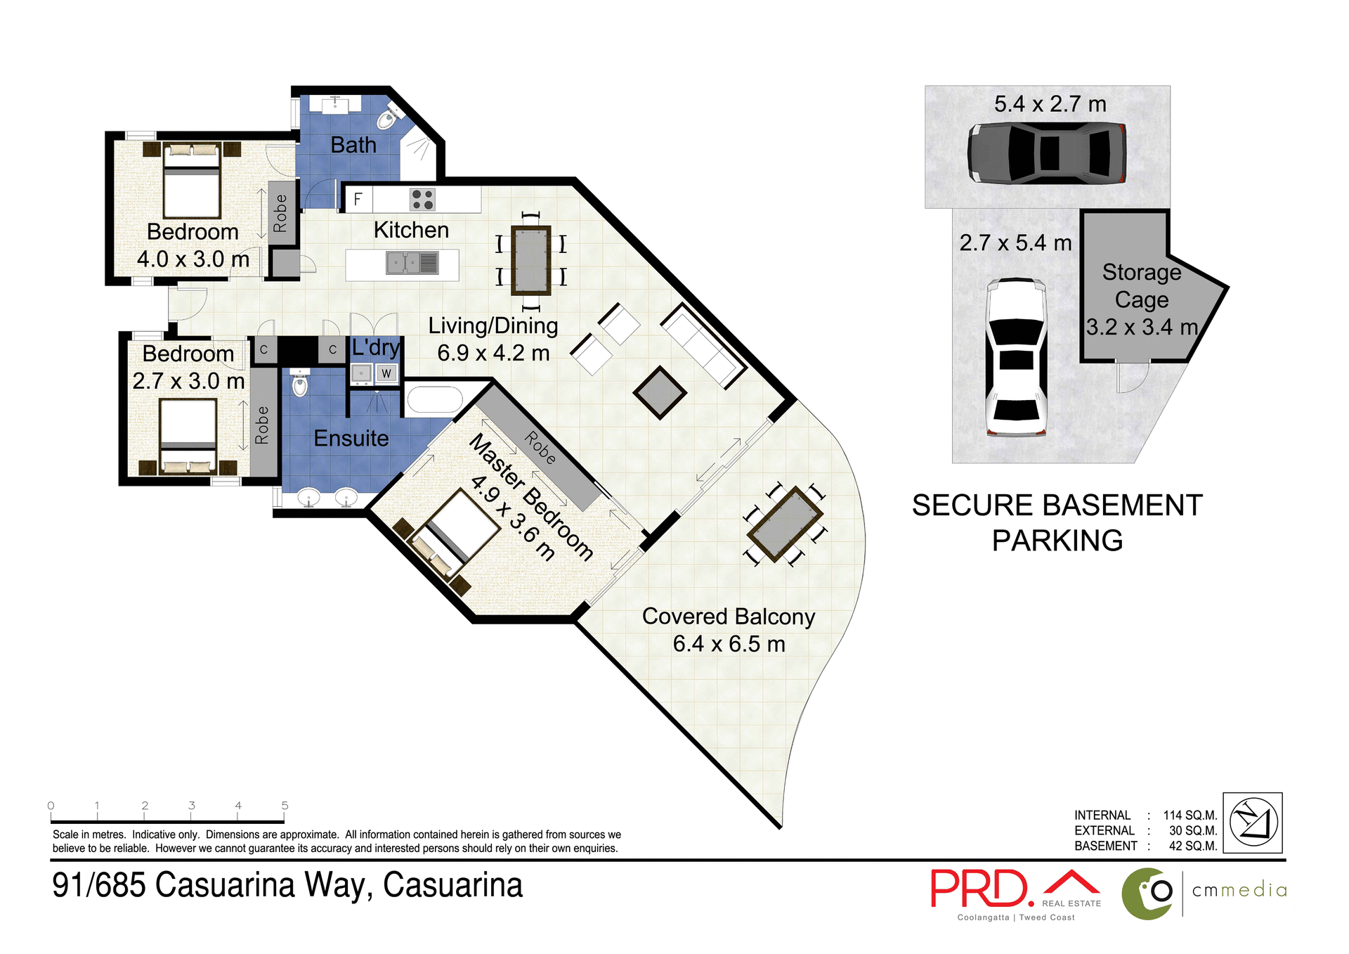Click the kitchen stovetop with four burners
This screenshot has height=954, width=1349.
pyautogui.click(x=422, y=200)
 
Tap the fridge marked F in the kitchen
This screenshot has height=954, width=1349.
pyautogui.click(x=358, y=200)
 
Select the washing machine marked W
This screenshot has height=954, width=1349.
pyautogui.click(x=386, y=373)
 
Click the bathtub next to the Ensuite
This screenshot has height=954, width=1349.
pyautogui.click(x=434, y=401)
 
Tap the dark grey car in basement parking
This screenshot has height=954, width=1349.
pyautogui.click(x=1047, y=153)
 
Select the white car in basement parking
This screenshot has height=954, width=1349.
pyautogui.click(x=1016, y=357)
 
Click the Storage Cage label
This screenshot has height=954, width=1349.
pyautogui.click(x=1141, y=286)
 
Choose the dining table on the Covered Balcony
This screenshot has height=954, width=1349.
pyautogui.click(x=785, y=524)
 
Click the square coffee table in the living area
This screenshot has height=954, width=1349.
pyautogui.click(x=660, y=393)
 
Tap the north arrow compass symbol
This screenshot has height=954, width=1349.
pyautogui.click(x=1253, y=822)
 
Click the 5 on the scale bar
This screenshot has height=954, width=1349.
pyautogui.click(x=285, y=806)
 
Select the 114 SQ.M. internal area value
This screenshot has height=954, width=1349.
pyautogui.click(x=1190, y=815)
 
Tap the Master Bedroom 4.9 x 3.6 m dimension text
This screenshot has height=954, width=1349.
pyautogui.click(x=512, y=518)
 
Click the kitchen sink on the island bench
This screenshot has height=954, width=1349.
pyautogui.click(x=403, y=264)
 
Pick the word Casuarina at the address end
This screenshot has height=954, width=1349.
pyautogui.click(x=452, y=885)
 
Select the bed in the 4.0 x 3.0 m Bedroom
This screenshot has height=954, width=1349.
pyautogui.click(x=192, y=181)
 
